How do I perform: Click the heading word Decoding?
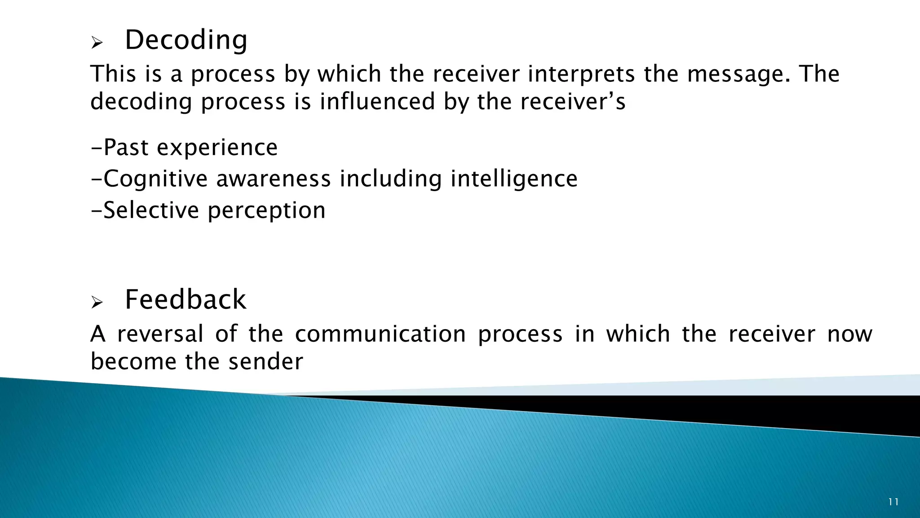186,40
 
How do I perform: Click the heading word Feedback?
185,300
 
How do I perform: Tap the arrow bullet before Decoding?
97,43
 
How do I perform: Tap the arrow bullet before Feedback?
97,303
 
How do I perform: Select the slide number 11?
893,502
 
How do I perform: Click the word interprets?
581,74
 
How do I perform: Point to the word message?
738,74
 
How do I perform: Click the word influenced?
377,102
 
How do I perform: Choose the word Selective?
151,210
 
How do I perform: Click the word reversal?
160,334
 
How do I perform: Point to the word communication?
380,334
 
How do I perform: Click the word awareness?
273,179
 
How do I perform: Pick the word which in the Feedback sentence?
638,334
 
